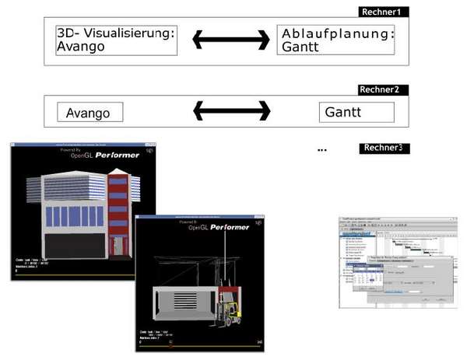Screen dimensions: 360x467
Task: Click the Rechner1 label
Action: tap(384, 12)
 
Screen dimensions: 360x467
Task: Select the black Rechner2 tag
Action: tap(383, 89)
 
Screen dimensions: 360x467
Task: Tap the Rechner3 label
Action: tap(385, 148)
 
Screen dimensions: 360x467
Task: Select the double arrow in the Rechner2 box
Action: tap(231, 112)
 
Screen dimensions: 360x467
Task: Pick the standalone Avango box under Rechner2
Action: tap(90, 113)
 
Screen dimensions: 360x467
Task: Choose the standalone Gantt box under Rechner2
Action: tap(356, 113)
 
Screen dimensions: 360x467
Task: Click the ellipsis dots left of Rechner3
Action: tap(323, 149)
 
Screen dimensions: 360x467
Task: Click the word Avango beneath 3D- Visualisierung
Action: tap(80, 47)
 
